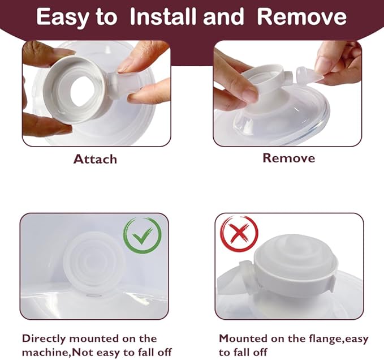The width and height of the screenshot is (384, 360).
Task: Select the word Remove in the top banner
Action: (301, 18)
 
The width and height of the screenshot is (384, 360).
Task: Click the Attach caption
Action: (95, 159)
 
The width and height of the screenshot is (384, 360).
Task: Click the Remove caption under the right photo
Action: (288, 158)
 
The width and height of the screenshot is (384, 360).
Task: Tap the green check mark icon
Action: (143, 235)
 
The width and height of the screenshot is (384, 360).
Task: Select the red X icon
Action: (239, 234)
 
